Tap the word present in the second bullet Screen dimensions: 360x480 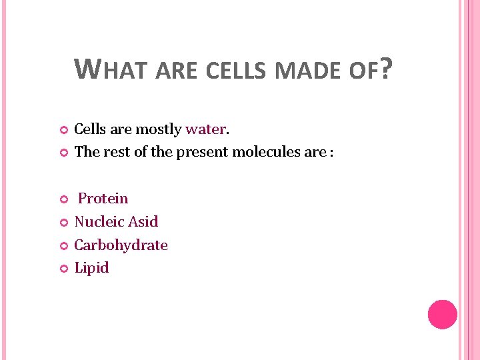200,152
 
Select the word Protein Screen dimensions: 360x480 103,199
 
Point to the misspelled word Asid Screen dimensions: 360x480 143,221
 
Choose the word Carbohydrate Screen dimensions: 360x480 121,245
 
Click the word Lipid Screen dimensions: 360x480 91,268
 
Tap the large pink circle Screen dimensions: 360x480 442,314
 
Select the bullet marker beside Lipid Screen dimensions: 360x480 64,269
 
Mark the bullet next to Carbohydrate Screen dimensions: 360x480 64,245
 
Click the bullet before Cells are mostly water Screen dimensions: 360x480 64,129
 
